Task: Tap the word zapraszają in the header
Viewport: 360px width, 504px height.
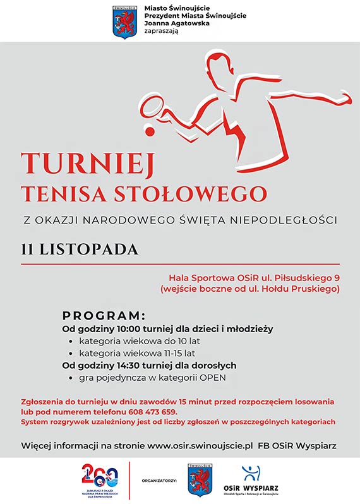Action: pyautogui.click(x=161, y=32)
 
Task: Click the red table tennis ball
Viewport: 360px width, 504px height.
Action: pyautogui.click(x=150, y=129)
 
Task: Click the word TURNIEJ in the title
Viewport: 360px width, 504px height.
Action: pyautogui.click(x=88, y=164)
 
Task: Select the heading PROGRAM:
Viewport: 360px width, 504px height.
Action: pyautogui.click(x=104, y=316)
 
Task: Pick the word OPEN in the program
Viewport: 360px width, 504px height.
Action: pyautogui.click(x=213, y=378)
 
